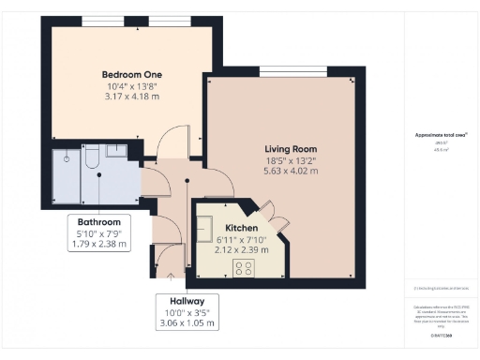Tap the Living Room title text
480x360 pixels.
point(291,148)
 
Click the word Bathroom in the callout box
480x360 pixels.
point(98,221)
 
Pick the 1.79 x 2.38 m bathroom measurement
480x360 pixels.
point(98,244)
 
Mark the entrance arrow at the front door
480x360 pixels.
point(171,276)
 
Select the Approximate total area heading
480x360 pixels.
point(441,135)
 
